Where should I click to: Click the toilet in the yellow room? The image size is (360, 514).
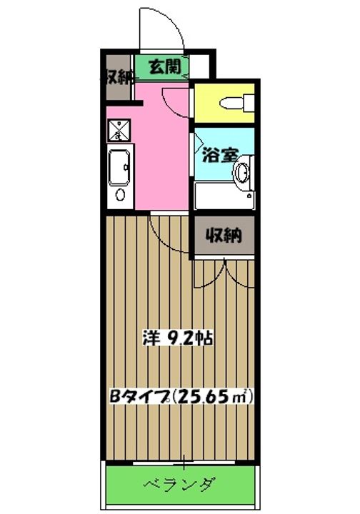[235, 103]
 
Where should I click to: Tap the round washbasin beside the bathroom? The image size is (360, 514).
[243, 171]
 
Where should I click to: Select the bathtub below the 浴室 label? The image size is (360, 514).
[224, 196]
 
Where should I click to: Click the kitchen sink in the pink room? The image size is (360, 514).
[119, 169]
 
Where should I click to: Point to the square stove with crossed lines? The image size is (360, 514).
[118, 131]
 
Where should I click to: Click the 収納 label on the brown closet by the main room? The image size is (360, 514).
[223, 235]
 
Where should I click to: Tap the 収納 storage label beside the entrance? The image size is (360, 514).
[117, 76]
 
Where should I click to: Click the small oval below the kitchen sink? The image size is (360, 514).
[120, 195]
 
